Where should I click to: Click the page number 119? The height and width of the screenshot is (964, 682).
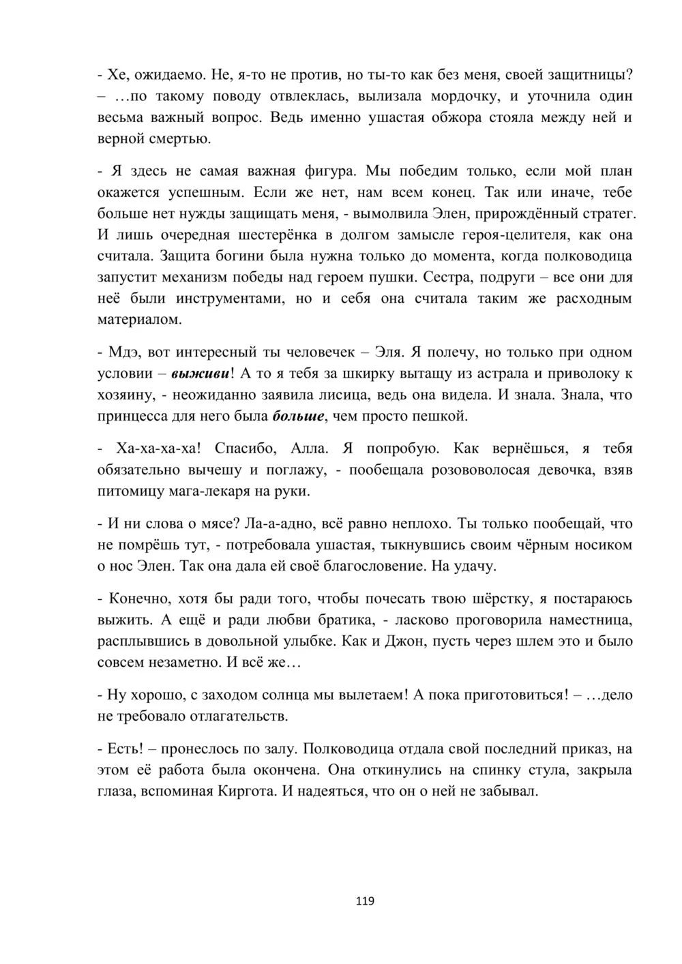pos(365,901)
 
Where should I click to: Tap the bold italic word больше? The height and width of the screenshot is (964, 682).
pos(297,416)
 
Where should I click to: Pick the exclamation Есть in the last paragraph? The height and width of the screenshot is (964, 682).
pos(125,749)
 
